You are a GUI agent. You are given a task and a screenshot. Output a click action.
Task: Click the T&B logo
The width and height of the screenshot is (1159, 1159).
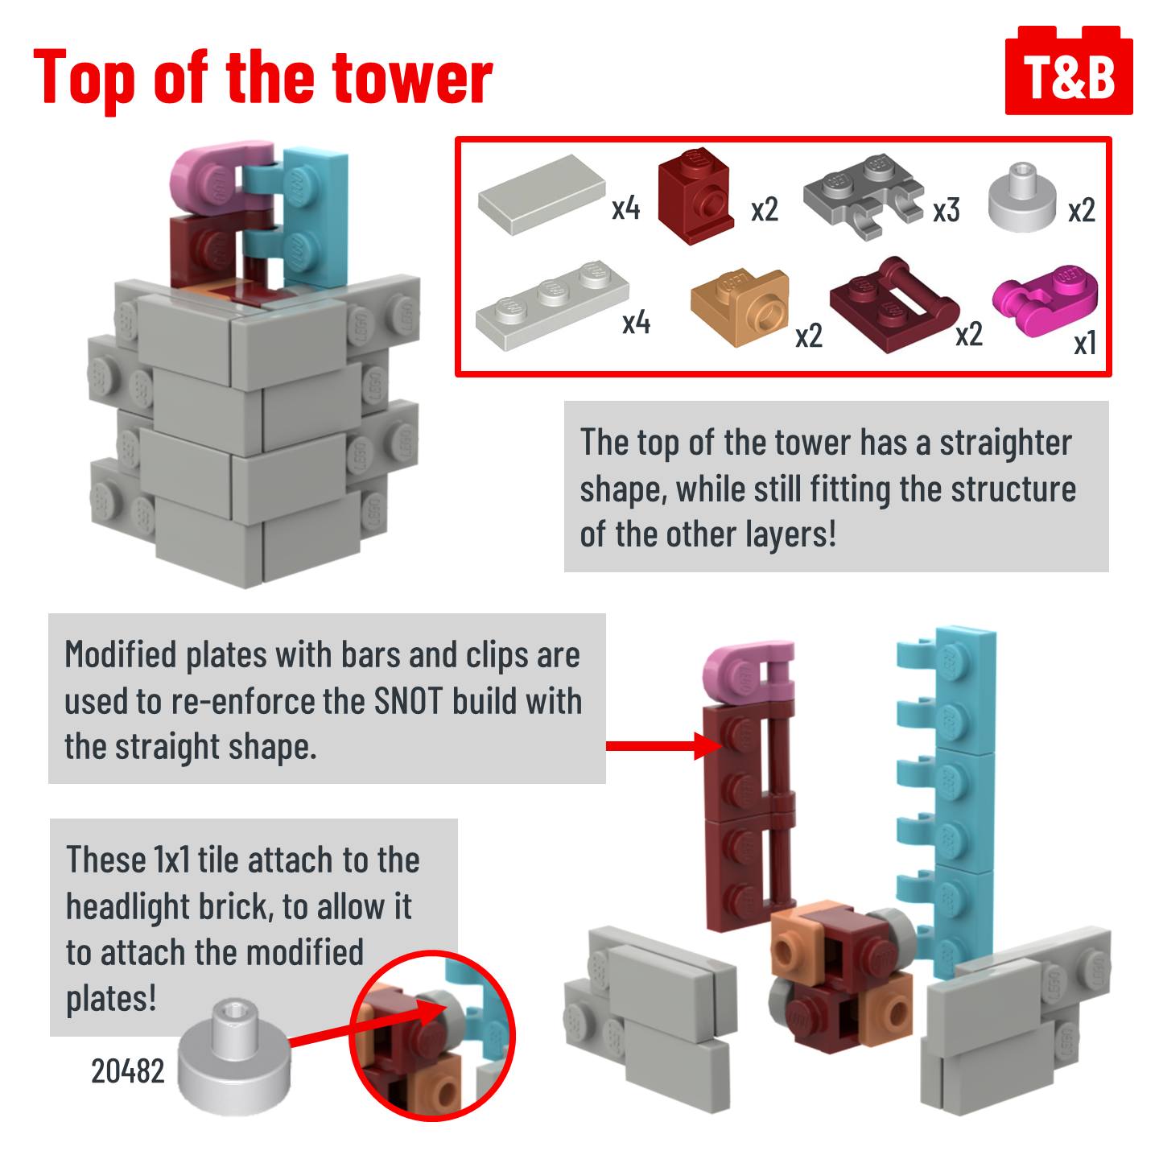(1069, 70)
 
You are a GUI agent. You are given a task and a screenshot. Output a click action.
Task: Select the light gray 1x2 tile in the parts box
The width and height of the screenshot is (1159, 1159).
(542, 194)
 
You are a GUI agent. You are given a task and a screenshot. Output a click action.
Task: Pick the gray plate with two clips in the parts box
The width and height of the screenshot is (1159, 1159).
(863, 196)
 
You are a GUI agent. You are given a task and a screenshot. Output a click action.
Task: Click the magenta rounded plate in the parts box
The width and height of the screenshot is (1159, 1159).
(1045, 291)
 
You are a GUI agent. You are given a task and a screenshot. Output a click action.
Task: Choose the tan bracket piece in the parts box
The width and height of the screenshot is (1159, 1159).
(740, 308)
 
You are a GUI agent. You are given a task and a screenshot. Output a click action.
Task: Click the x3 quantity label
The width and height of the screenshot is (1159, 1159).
(946, 211)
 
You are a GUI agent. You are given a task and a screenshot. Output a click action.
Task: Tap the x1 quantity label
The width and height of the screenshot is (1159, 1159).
(1085, 344)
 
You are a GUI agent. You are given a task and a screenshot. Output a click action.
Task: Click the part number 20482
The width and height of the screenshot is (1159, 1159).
(127, 1071)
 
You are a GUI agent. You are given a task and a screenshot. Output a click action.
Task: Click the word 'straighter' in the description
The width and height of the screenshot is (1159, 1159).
(1005, 443)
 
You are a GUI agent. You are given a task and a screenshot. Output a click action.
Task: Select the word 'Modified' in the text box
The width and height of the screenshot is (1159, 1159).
(120, 654)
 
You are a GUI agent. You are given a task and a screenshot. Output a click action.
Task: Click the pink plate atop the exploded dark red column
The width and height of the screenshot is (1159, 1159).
(748, 672)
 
